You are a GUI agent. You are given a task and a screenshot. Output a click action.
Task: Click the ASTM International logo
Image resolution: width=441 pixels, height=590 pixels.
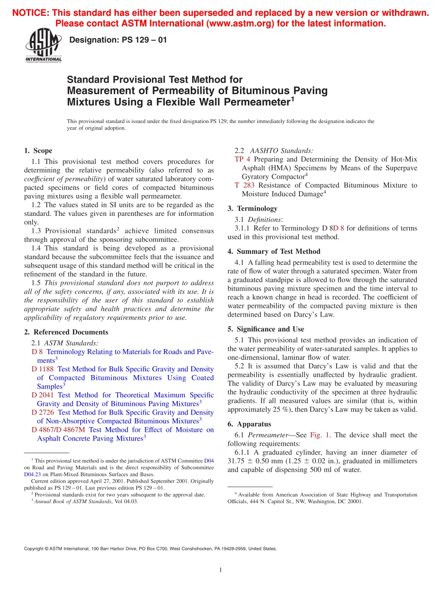coord(43,45)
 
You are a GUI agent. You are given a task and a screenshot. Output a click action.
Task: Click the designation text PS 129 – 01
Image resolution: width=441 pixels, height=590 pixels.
coord(117,40)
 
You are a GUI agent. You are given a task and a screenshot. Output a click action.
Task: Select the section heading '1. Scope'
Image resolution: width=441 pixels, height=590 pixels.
coord(38,151)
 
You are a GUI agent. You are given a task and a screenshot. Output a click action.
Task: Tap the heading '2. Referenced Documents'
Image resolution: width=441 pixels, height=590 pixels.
coord(66,332)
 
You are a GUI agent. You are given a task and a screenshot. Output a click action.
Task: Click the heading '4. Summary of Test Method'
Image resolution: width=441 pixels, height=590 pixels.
coord(274,252)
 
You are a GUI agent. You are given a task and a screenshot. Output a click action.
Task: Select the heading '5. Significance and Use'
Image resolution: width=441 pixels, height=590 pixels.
coord(266,329)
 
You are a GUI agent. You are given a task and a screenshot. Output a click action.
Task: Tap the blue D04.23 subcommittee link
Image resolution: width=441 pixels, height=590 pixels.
coord(32,474)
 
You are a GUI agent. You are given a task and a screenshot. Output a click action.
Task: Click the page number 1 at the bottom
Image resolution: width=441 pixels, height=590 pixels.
coord(220,570)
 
